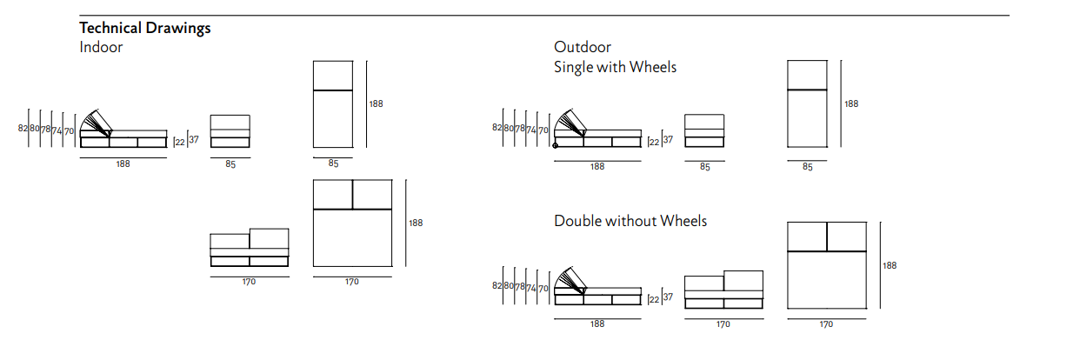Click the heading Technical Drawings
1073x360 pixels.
144,28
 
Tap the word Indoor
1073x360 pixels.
101,47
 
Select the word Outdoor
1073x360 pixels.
582,47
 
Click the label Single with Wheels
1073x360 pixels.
615,66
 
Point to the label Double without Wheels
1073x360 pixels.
630,221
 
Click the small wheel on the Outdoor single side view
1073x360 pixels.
556,145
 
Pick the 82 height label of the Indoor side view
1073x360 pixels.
23,129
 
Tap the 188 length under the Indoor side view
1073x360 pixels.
123,164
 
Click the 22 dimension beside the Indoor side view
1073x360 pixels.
180,142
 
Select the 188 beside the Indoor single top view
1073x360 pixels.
376,103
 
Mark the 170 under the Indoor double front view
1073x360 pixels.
250,282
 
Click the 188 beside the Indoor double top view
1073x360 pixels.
416,223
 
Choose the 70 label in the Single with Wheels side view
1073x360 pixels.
543,130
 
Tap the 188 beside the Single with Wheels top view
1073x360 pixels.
850,103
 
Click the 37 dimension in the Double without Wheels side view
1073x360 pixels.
668,297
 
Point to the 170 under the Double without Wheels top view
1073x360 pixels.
826,324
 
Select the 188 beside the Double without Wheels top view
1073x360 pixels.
890,265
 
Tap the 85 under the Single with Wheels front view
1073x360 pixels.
704,166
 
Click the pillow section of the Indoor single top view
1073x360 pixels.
332,75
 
